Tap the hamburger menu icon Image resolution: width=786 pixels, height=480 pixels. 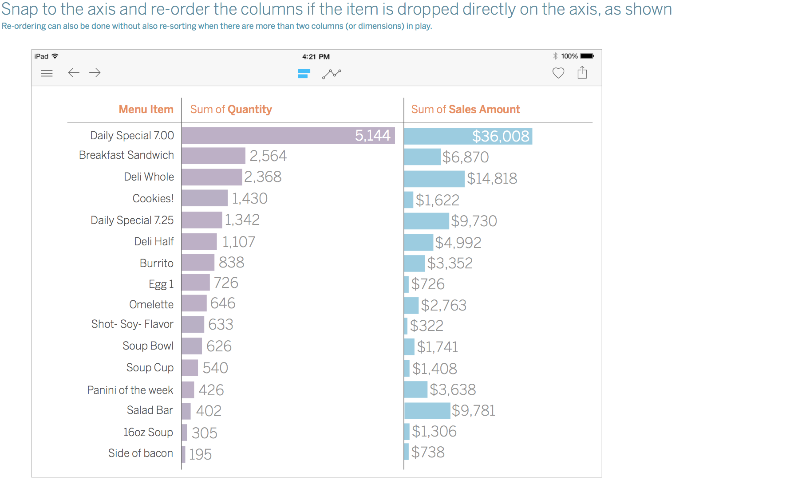pyautogui.click(x=47, y=73)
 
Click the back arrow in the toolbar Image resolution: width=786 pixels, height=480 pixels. pyautogui.click(x=74, y=73)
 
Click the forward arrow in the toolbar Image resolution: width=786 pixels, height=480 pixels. pyautogui.click(x=95, y=73)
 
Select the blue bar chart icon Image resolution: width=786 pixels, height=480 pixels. pyautogui.click(x=304, y=74)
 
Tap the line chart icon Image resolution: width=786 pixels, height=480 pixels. pyautogui.click(x=332, y=74)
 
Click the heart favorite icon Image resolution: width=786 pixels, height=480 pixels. pyautogui.click(x=558, y=73)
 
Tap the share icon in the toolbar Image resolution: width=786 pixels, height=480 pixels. pyautogui.click(x=582, y=72)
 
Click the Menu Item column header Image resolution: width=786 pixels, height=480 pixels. pyautogui.click(x=146, y=110)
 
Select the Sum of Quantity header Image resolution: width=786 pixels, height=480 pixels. pyautogui.click(x=231, y=110)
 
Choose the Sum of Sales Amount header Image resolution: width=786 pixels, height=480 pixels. pyautogui.click(x=466, y=110)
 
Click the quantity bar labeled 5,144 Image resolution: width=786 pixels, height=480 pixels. pyautogui.click(x=288, y=135)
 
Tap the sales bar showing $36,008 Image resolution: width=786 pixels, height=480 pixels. pyautogui.click(x=468, y=136)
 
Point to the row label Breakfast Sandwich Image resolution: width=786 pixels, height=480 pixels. pyautogui.click(x=126, y=155)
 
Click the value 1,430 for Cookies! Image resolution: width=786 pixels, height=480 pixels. pyautogui.click(x=249, y=198)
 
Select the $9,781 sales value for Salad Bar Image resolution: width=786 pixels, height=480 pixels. pyautogui.click(x=474, y=410)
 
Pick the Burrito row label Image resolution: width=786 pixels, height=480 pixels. pyautogui.click(x=157, y=264)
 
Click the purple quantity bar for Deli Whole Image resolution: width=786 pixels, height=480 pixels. pyautogui.click(x=212, y=177)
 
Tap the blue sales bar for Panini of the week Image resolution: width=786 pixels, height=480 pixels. pyautogui.click(x=416, y=390)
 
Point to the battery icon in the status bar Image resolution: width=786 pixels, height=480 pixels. pyautogui.click(x=587, y=56)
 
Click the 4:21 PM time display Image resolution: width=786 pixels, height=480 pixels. pyautogui.click(x=316, y=57)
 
